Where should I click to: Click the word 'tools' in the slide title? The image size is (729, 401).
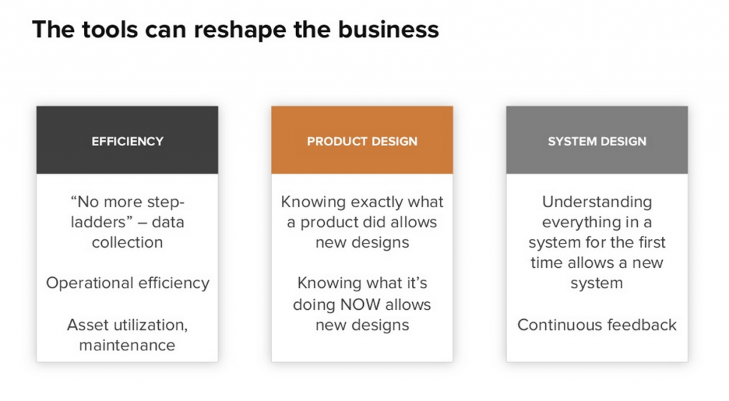point(110,29)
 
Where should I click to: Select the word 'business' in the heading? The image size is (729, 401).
point(388,29)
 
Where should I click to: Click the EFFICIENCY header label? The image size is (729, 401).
point(127,141)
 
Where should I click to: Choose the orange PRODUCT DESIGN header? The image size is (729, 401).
point(362,140)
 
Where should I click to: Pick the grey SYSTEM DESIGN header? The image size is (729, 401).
point(597,140)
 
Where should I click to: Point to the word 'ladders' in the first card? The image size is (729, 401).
point(97,222)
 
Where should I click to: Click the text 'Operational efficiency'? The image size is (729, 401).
point(127,283)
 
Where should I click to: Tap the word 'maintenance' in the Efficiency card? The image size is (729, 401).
point(127,345)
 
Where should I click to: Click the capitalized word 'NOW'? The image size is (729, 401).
point(360,304)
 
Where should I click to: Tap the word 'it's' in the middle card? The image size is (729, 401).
point(416,283)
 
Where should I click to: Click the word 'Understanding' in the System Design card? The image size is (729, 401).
point(597,202)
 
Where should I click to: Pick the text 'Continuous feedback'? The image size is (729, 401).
point(597,325)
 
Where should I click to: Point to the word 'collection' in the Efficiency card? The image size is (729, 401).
point(127,242)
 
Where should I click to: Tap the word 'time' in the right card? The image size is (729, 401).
point(547,263)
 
